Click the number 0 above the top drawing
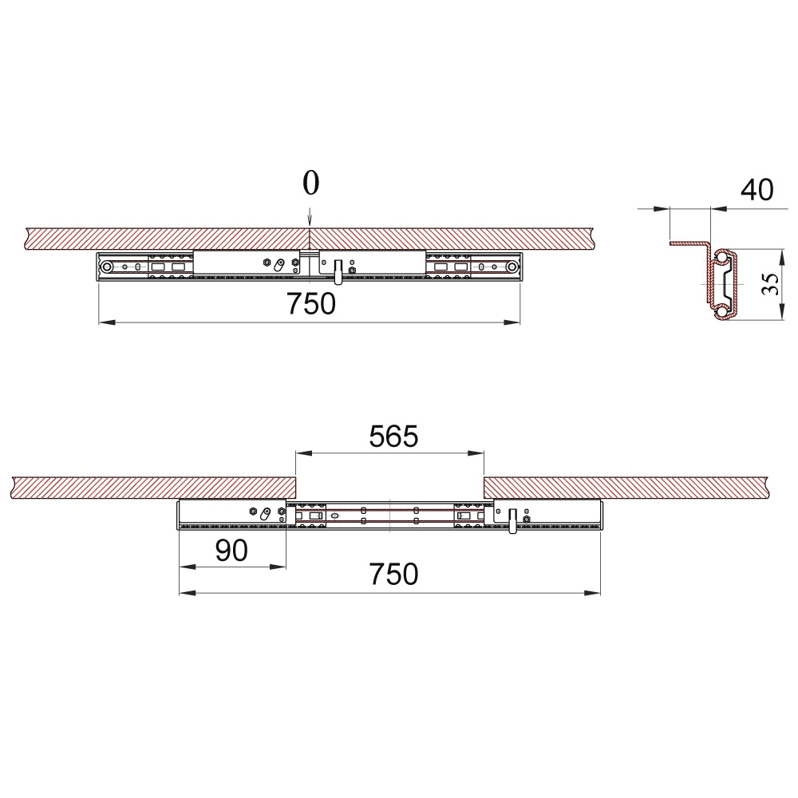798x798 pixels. click(x=311, y=184)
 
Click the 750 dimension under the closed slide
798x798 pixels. click(x=311, y=304)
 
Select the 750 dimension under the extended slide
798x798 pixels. click(x=393, y=574)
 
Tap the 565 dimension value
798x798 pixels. click(x=393, y=437)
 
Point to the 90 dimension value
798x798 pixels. click(x=231, y=550)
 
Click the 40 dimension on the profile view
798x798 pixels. click(x=757, y=190)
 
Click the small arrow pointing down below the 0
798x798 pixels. click(x=310, y=219)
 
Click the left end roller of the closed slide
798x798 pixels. click(x=106, y=267)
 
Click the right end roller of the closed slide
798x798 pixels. click(x=512, y=267)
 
